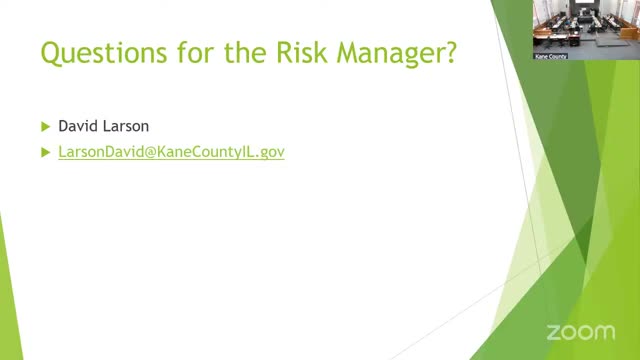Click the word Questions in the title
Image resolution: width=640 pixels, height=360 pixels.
tap(104, 53)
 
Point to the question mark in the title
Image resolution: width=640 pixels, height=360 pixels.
tap(451, 52)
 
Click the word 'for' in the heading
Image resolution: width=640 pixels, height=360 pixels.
tap(196, 52)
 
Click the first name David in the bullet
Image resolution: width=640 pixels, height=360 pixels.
tap(79, 126)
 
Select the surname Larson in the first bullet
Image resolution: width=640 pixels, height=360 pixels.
tap(126, 126)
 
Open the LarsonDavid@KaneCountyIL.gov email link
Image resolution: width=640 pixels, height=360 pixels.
tap(171, 152)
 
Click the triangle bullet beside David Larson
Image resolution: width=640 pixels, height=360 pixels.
tap(45, 127)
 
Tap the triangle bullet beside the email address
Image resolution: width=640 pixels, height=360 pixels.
tap(45, 153)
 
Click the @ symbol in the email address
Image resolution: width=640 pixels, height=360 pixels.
tap(150, 152)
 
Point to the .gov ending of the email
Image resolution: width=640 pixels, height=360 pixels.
tap(271, 153)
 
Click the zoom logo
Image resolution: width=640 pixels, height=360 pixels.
tap(581, 332)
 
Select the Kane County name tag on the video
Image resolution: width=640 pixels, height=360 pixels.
tap(551, 56)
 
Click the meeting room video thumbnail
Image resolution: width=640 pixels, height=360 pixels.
tap(586, 30)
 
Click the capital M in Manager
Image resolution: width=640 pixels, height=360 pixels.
tap(347, 52)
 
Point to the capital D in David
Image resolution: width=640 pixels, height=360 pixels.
tap(63, 126)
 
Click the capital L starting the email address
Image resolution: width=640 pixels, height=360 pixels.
tap(62, 152)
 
